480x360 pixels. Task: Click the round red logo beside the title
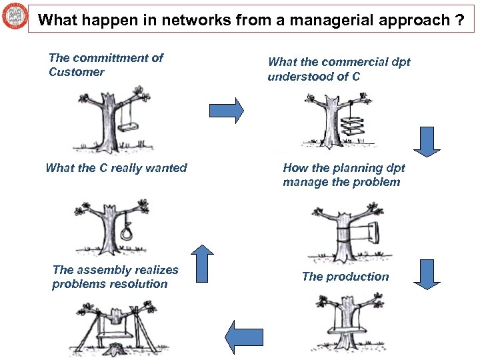tap(15, 15)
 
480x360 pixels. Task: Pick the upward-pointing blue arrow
tap(203, 263)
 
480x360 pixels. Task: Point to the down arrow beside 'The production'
tap(427, 274)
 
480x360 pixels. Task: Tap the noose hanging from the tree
tap(127, 233)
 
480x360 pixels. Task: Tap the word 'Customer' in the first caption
tap(76, 72)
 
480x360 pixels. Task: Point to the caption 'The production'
tap(345, 277)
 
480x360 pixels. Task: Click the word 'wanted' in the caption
tap(168, 168)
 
